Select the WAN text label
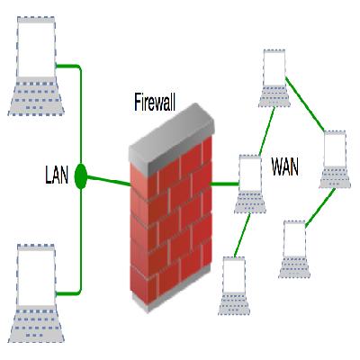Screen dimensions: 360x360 coord(286,166)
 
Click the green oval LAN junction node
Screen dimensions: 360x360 coord(81,176)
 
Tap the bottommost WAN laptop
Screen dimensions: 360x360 coord(234,285)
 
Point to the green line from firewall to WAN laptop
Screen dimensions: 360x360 coord(225,184)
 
